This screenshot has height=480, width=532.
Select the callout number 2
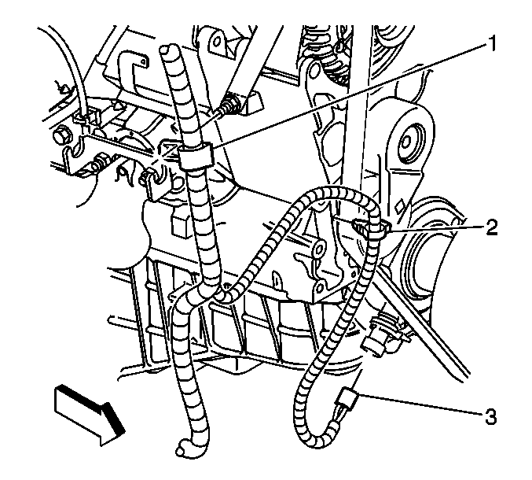click(x=492, y=227)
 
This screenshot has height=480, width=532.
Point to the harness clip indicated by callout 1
click(x=196, y=156)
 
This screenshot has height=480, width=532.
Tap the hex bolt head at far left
click(x=62, y=135)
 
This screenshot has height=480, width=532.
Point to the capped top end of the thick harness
click(x=168, y=50)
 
